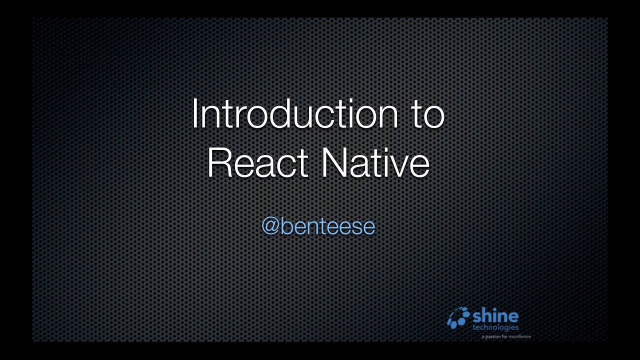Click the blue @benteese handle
click(x=318, y=226)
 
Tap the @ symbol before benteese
click(x=270, y=227)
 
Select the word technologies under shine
click(x=495, y=327)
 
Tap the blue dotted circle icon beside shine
click(x=458, y=317)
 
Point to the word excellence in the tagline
click(x=519, y=337)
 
